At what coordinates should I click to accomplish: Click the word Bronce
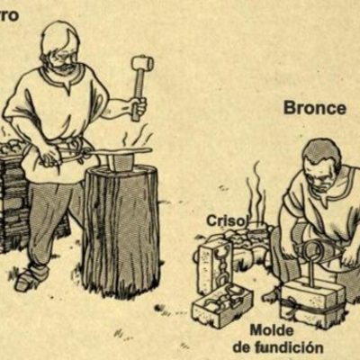click(315, 108)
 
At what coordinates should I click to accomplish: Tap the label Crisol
click(226, 220)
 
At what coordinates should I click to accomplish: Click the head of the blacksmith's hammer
click(141, 64)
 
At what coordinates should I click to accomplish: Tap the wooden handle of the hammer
click(139, 90)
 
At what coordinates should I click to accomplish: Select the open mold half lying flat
click(220, 304)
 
